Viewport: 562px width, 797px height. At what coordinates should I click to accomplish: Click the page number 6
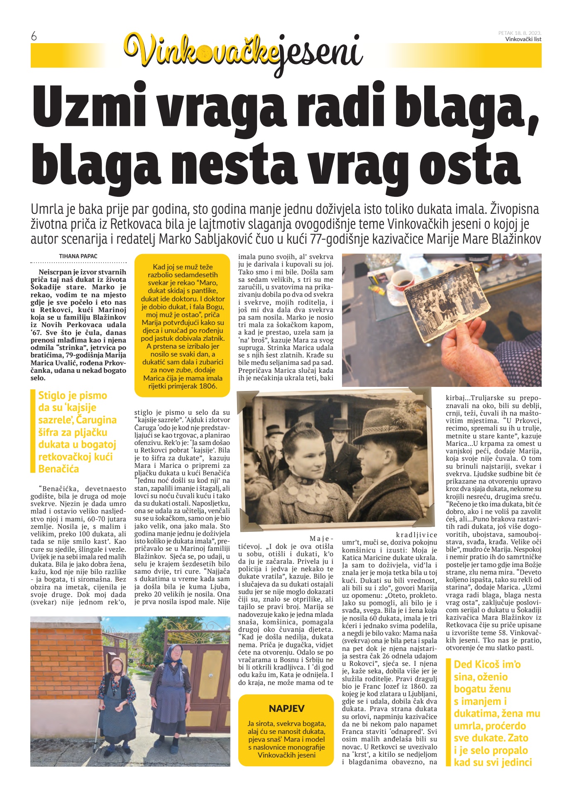[x=34, y=37]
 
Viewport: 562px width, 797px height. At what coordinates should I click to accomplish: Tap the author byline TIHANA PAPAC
[x=78, y=256]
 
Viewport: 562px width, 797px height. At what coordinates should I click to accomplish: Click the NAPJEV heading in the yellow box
[x=286, y=708]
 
